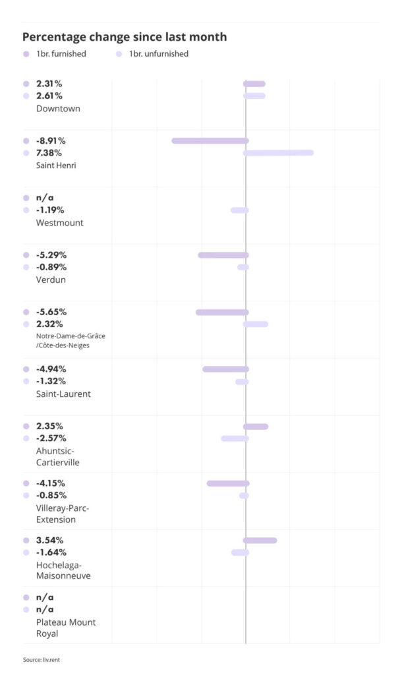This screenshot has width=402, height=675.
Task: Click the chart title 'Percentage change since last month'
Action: (x=125, y=37)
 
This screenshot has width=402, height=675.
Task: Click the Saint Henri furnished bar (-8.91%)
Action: (x=210, y=140)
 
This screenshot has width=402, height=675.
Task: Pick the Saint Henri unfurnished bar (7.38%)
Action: (x=278, y=153)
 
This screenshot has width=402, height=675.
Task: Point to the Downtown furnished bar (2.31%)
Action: (x=254, y=84)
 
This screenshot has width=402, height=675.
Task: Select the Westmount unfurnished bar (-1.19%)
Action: (x=240, y=210)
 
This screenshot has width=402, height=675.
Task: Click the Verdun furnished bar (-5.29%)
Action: (x=223, y=255)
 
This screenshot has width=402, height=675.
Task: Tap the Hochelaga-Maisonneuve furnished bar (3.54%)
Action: (x=260, y=541)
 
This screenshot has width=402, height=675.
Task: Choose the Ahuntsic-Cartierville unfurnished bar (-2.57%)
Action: (x=235, y=438)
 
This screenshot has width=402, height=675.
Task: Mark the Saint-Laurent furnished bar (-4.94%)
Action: (x=225, y=369)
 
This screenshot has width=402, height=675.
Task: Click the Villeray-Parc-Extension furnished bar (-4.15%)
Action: (x=228, y=483)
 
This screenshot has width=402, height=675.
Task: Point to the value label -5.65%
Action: (x=51, y=312)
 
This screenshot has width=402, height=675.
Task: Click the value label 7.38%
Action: (x=49, y=153)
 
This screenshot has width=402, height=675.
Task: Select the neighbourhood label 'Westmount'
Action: (x=59, y=223)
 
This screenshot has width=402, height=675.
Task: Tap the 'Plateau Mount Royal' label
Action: (x=66, y=628)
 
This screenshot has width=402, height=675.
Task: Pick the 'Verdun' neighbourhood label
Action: (x=51, y=279)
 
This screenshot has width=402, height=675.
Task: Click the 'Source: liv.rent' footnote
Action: (x=45, y=659)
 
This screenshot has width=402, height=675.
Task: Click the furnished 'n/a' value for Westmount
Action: (x=45, y=198)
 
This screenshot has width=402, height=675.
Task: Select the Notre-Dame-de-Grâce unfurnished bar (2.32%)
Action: (x=256, y=324)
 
